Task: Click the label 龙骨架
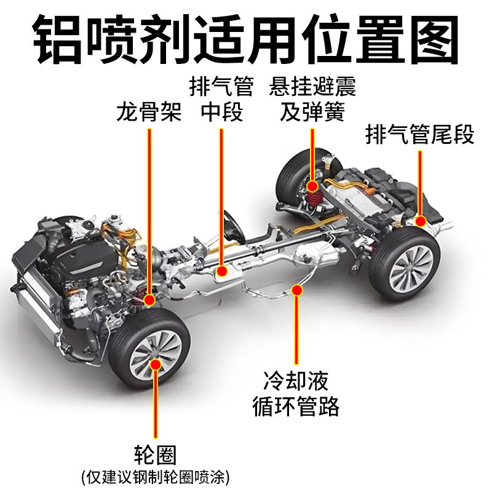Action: [x=149, y=113]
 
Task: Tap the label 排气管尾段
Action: [x=420, y=134]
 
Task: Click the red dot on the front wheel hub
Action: [x=156, y=365]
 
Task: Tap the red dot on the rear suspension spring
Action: [x=312, y=185]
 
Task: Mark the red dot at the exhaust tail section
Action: [x=421, y=220]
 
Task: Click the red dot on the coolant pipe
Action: [x=298, y=288]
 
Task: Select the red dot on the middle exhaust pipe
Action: [x=222, y=269]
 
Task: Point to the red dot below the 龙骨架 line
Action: [x=149, y=300]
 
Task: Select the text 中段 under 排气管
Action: [x=222, y=113]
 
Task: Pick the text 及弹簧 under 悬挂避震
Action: [x=312, y=113]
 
